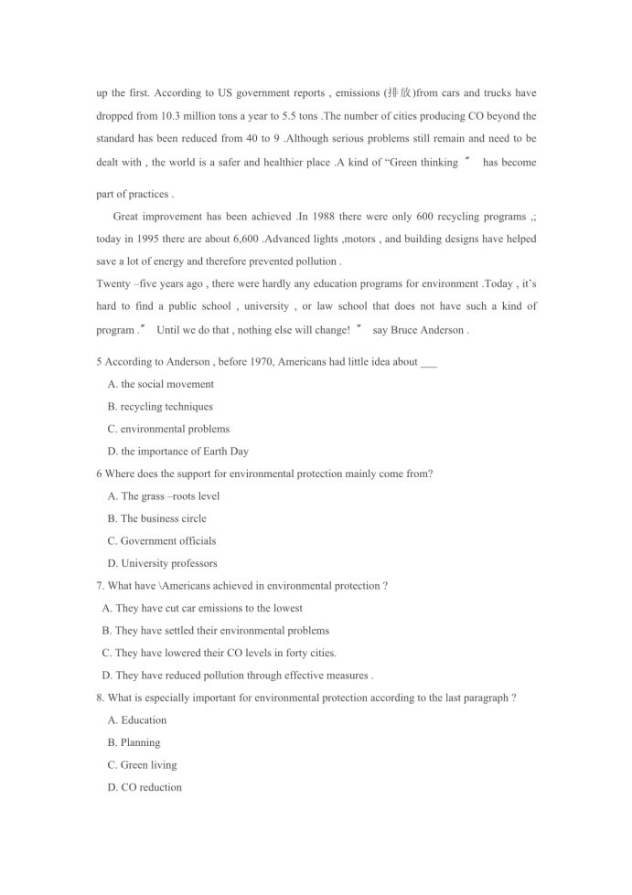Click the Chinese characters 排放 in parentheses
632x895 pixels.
(400, 93)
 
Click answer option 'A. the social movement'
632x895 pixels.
(161, 384)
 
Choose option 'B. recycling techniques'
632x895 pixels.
(160, 407)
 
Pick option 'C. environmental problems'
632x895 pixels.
(168, 429)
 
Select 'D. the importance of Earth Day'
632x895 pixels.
(177, 452)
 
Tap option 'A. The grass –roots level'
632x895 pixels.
(164, 496)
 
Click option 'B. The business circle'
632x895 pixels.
(157, 518)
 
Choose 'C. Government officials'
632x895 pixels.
(162, 541)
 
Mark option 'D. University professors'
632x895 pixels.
(162, 563)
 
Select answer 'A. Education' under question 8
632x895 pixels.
(137, 720)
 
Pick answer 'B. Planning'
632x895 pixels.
(134, 742)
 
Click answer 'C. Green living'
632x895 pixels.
(142, 765)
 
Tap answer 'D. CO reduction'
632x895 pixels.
(145, 787)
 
